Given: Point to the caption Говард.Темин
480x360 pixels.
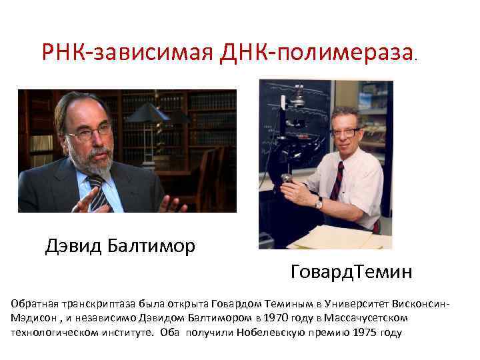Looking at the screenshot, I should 351,271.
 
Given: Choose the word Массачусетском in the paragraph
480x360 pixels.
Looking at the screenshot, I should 366,317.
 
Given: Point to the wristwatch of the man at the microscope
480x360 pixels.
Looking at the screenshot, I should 319,202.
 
